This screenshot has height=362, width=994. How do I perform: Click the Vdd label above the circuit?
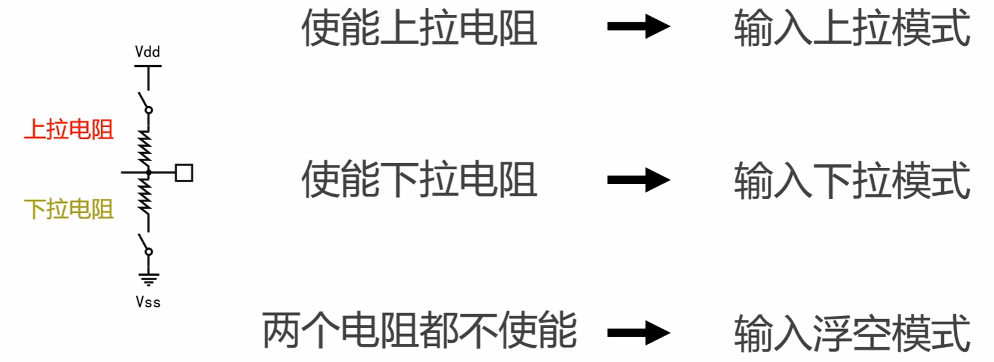[147, 51]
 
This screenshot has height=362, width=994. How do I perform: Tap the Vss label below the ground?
[148, 302]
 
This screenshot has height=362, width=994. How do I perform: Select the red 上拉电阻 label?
[69, 130]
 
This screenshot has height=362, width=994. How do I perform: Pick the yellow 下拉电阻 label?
[69, 209]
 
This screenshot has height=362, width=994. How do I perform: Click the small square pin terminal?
[184, 172]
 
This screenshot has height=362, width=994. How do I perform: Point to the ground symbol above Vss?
[148, 278]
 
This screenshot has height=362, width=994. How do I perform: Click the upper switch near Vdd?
[144, 102]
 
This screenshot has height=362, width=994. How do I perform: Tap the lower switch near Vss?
[144, 244]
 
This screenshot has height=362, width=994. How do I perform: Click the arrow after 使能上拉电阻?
[638, 27]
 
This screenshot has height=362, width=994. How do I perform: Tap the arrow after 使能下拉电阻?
[638, 180]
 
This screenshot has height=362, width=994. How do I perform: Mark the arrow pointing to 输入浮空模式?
[638, 333]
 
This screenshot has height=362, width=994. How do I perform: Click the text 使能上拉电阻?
[419, 28]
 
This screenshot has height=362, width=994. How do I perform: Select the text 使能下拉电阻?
[419, 180]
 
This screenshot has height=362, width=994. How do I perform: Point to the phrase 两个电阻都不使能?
[419, 330]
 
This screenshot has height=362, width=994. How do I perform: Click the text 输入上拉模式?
[851, 28]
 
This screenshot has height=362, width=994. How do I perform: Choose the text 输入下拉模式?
[851, 180]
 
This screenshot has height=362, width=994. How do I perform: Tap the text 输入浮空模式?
[851, 333]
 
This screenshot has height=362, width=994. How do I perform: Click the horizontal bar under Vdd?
[148, 66]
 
